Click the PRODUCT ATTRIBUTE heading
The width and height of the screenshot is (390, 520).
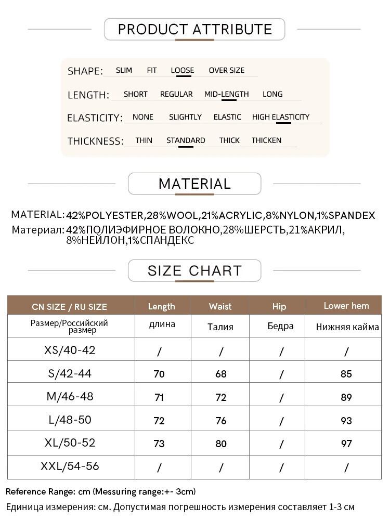click(x=195, y=29)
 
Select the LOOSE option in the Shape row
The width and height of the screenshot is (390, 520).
click(x=182, y=70)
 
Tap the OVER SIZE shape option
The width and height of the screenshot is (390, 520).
click(x=226, y=70)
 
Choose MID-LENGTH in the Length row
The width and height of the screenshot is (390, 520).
click(x=226, y=94)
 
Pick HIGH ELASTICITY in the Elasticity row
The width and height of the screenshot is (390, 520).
click(x=280, y=117)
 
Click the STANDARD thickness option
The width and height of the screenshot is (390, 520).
click(x=186, y=140)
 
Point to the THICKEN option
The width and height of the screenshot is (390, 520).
click(x=266, y=140)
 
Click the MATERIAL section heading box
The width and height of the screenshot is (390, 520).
click(x=194, y=184)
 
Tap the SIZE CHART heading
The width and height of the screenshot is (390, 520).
click(x=194, y=270)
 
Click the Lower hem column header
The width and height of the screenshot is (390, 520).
click(x=346, y=306)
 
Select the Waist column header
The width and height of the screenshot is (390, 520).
click(x=220, y=306)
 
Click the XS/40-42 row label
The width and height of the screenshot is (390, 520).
click(x=70, y=350)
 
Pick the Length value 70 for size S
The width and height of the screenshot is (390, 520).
click(x=159, y=374)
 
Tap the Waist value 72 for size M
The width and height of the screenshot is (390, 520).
click(x=221, y=397)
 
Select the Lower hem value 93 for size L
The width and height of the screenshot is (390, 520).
click(x=346, y=421)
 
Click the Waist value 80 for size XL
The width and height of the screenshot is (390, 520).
click(x=221, y=444)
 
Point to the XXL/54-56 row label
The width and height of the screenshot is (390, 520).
click(x=70, y=466)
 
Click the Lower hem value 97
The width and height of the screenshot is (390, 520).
click(x=346, y=444)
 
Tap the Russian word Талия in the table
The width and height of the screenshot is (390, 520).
click(x=220, y=327)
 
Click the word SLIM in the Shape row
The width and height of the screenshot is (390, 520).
click(x=124, y=70)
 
